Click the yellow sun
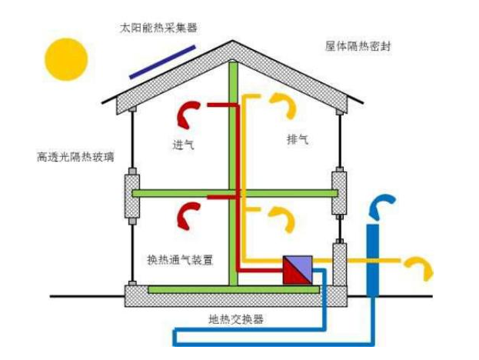click(66, 59)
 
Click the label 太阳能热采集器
click(158, 28)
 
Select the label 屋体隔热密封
click(359, 47)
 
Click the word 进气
click(184, 144)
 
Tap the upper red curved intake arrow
click(187, 113)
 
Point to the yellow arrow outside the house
click(420, 266)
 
